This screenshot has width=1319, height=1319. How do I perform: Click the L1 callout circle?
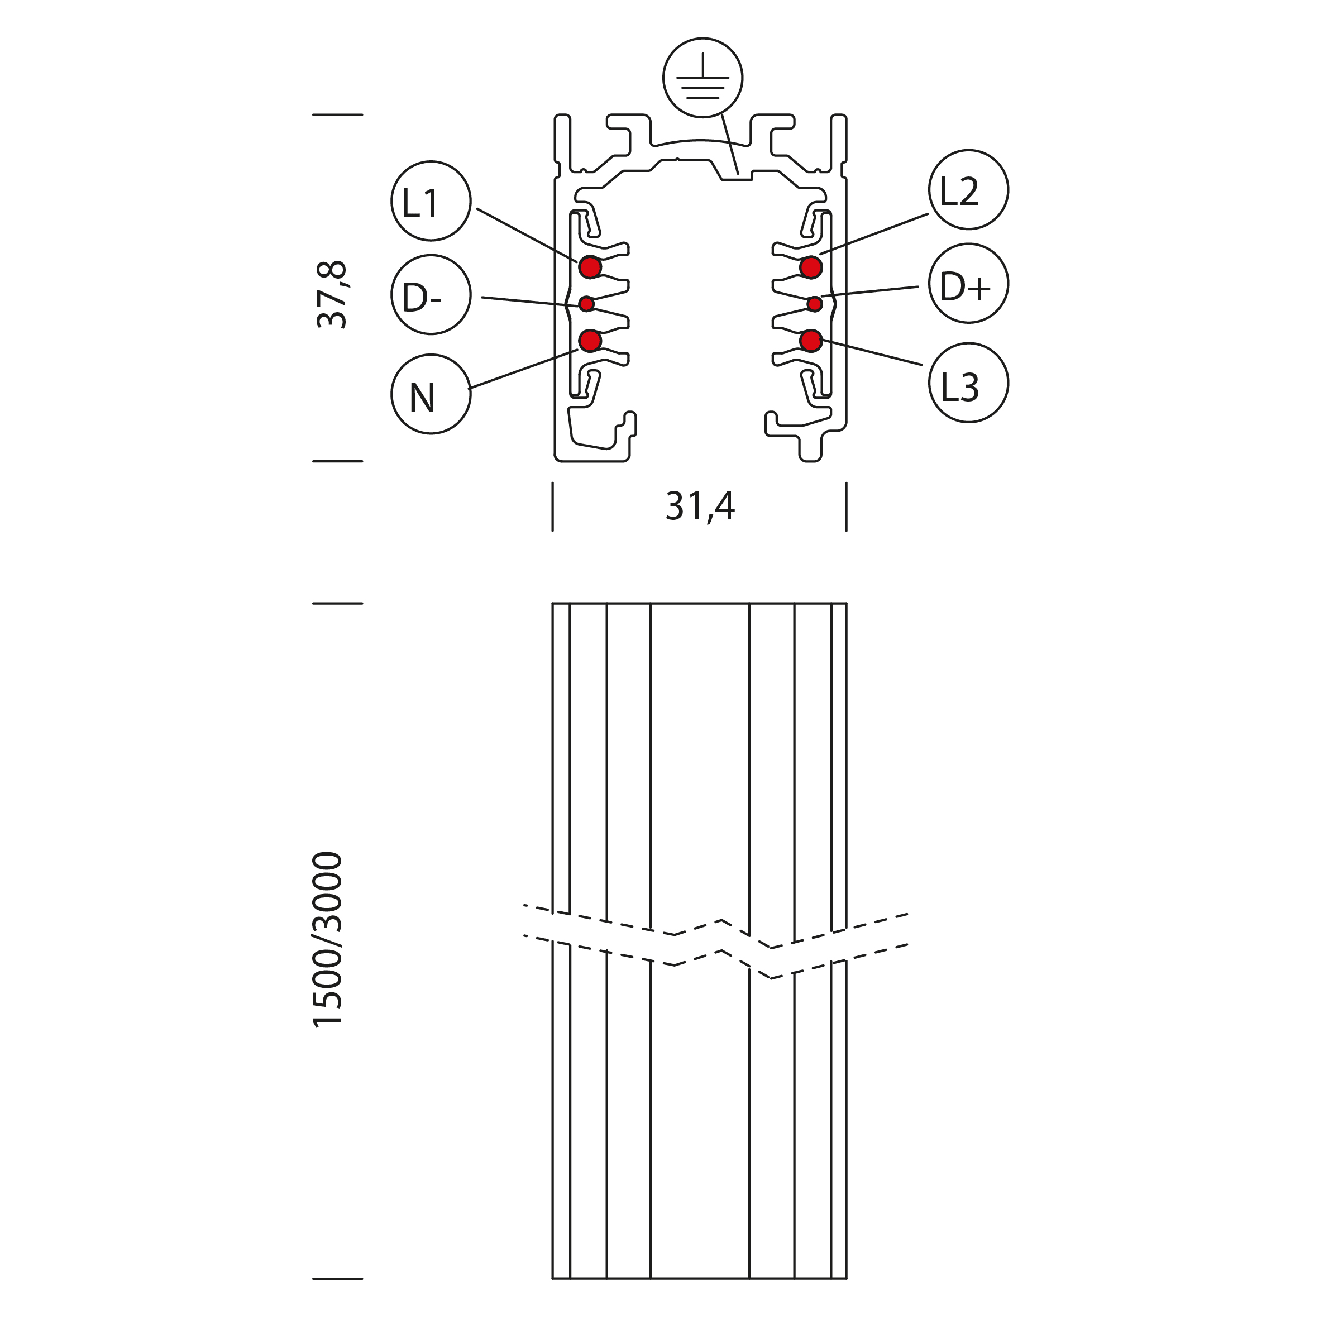[431, 200]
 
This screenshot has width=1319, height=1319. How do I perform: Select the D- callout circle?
[431, 295]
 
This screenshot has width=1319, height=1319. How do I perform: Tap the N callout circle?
[431, 394]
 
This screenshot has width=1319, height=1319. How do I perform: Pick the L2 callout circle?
[968, 189]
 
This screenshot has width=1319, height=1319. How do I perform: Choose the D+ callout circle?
[968, 283]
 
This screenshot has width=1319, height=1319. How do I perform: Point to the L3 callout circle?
[968, 383]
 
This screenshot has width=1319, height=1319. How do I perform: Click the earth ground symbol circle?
[702, 78]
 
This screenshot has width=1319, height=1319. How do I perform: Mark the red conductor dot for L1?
[590, 267]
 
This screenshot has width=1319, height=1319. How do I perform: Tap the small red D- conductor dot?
[586, 304]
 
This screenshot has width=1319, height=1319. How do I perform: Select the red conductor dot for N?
[590, 340]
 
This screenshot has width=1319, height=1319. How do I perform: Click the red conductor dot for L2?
[810, 267]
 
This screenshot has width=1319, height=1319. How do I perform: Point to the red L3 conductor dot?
[810, 340]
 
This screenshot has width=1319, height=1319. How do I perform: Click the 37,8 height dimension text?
[332, 294]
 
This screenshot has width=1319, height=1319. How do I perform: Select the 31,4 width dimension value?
[700, 506]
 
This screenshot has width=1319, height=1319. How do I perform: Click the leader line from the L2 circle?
[874, 234]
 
